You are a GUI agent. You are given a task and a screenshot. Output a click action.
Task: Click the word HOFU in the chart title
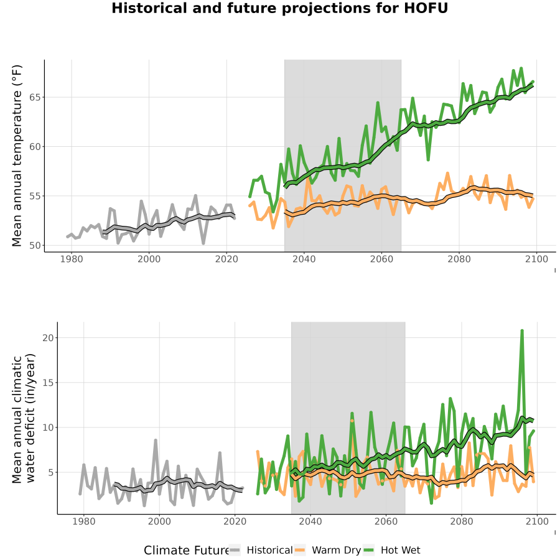click(426, 8)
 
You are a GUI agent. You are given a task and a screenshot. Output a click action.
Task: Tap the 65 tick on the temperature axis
click(35, 98)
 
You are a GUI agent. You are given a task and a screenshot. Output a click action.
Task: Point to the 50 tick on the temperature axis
click(35, 246)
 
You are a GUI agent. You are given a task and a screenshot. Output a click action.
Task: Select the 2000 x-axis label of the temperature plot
click(149, 259)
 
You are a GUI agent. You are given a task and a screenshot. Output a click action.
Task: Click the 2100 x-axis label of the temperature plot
click(537, 259)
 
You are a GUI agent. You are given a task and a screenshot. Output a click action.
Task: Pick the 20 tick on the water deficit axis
click(48, 338)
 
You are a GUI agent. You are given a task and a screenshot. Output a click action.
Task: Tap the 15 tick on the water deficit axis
click(48, 383)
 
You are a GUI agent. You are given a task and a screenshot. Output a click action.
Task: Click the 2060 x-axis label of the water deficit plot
click(386, 521)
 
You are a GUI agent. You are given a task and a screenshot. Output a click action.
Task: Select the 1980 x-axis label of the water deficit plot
click(84, 521)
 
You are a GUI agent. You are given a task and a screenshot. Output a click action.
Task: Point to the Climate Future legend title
click(187, 551)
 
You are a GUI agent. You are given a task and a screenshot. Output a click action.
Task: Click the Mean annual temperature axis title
click(17, 156)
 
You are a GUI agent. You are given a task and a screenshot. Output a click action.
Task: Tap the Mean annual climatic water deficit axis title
click(24, 419)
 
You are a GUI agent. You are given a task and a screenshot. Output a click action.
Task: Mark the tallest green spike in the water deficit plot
click(522, 331)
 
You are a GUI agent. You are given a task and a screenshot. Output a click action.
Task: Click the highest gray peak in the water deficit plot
click(156, 441)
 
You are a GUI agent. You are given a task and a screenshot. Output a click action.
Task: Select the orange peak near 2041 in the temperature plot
click(308, 177)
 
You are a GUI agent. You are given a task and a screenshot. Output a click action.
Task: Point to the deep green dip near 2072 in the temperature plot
click(428, 160)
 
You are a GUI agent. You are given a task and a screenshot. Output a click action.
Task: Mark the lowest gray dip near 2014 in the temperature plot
click(203, 243)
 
